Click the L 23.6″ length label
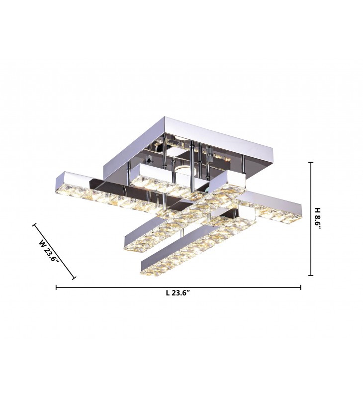point(178,293)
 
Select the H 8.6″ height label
point(318,218)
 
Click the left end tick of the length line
point(56,288)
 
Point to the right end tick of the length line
point(301,288)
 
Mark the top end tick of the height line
point(310,162)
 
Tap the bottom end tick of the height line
point(310,275)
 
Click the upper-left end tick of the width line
point(34,224)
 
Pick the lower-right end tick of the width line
point(74,278)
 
